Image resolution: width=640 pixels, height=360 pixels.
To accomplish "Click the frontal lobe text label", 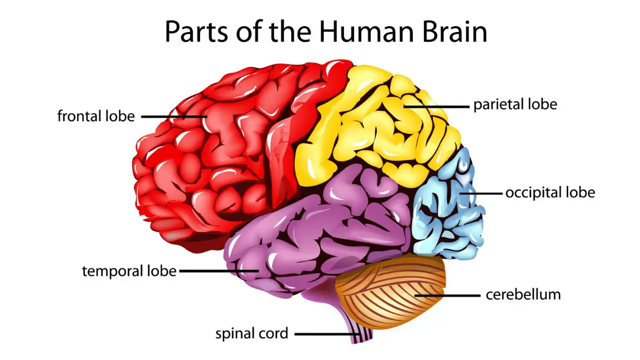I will click(x=96, y=116).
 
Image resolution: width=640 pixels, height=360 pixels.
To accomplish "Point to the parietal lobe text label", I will click(x=515, y=104).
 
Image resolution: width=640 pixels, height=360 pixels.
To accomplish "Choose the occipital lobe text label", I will click(x=550, y=192).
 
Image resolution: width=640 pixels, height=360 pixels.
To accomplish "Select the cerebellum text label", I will click(x=523, y=294).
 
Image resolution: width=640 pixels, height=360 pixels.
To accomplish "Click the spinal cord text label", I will click(x=252, y=334).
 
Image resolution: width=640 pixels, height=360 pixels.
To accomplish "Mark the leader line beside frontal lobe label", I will click(x=173, y=116).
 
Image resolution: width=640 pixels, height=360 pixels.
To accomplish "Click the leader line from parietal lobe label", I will click(x=435, y=106).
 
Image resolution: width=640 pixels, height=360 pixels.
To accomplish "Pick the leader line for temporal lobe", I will click(x=219, y=271).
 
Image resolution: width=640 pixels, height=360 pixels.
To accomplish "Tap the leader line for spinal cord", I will click(x=325, y=334).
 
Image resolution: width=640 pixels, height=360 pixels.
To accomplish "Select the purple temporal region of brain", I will click(x=320, y=224).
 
